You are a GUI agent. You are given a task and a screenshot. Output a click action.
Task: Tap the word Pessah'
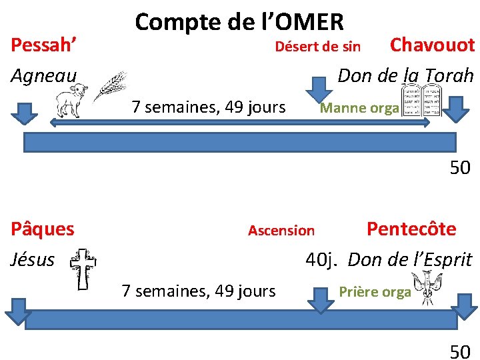[44, 47]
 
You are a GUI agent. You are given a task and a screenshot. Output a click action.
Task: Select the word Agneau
[44, 75]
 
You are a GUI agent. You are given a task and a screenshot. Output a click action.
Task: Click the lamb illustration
[73, 101]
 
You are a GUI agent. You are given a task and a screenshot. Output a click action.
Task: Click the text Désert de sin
[318, 47]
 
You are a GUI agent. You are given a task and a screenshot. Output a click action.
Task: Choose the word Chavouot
[432, 45]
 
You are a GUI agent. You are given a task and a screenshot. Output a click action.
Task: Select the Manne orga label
[359, 108]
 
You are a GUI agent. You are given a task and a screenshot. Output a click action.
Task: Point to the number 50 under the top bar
[460, 168]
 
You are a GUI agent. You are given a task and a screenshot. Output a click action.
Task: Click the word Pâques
[43, 229]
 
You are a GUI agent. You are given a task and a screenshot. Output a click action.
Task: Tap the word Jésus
[33, 259]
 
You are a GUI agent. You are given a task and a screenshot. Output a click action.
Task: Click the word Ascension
[281, 231]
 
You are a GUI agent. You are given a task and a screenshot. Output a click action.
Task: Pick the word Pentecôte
[411, 229]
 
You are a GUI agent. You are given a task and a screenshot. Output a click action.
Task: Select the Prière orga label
[375, 292]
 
